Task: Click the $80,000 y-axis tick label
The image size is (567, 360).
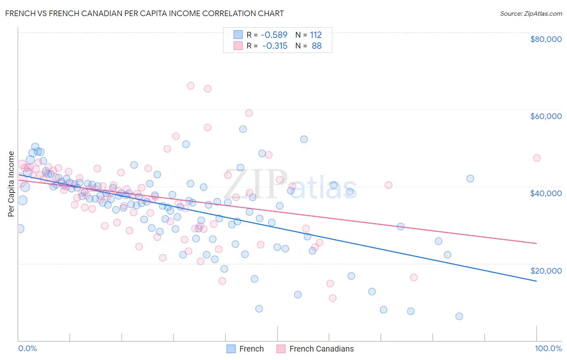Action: click(x=546, y=39)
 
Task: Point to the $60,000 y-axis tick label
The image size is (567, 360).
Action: click(x=546, y=116)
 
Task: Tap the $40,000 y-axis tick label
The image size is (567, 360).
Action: click(x=546, y=193)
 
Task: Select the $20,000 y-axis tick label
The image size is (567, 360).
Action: click(x=546, y=270)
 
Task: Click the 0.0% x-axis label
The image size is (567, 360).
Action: click(x=27, y=348)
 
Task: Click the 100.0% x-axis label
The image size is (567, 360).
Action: click(x=548, y=348)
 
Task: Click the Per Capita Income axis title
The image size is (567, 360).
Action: click(x=11, y=184)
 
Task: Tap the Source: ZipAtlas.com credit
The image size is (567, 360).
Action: click(x=531, y=13)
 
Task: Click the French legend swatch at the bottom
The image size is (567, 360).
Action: click(x=231, y=349)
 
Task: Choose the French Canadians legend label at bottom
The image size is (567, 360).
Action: click(x=321, y=349)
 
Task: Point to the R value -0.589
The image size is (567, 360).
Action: click(x=274, y=35)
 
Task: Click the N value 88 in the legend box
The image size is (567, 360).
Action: click(x=317, y=46)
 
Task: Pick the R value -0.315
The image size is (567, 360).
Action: click(x=275, y=46)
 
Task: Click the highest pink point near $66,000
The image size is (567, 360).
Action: click(x=190, y=86)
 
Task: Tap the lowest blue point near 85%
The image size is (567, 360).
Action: click(x=459, y=316)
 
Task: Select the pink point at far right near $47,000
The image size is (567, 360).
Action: click(x=536, y=158)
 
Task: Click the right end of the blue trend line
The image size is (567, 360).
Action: click(x=536, y=281)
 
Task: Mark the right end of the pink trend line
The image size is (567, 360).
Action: click(x=536, y=243)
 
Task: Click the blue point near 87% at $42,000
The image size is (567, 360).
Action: click(x=470, y=178)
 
